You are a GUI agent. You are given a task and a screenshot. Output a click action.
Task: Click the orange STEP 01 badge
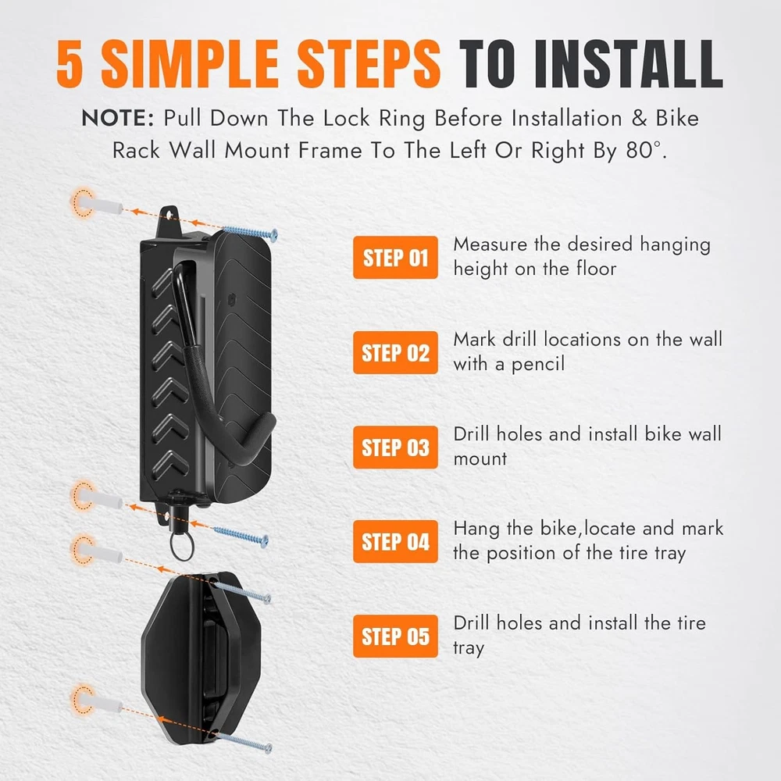[395, 258]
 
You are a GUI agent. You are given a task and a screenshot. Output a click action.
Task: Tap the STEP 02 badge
[395, 353]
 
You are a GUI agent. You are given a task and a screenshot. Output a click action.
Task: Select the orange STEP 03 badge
[395, 448]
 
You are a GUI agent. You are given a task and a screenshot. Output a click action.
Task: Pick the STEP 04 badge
[395, 541]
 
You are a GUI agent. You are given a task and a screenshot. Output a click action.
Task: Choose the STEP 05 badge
[395, 636]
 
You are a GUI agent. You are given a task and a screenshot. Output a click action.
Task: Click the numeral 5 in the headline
[70, 63]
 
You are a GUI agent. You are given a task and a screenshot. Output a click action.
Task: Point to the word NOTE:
[118, 119]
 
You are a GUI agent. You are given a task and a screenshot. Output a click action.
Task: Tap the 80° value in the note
[644, 150]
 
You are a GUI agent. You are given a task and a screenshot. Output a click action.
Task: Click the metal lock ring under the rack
[182, 547]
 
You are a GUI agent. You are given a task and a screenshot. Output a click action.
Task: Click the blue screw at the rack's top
[250, 232]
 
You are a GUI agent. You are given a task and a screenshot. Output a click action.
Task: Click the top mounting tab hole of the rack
[169, 216]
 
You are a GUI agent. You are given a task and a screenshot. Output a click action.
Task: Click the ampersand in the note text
[639, 119]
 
